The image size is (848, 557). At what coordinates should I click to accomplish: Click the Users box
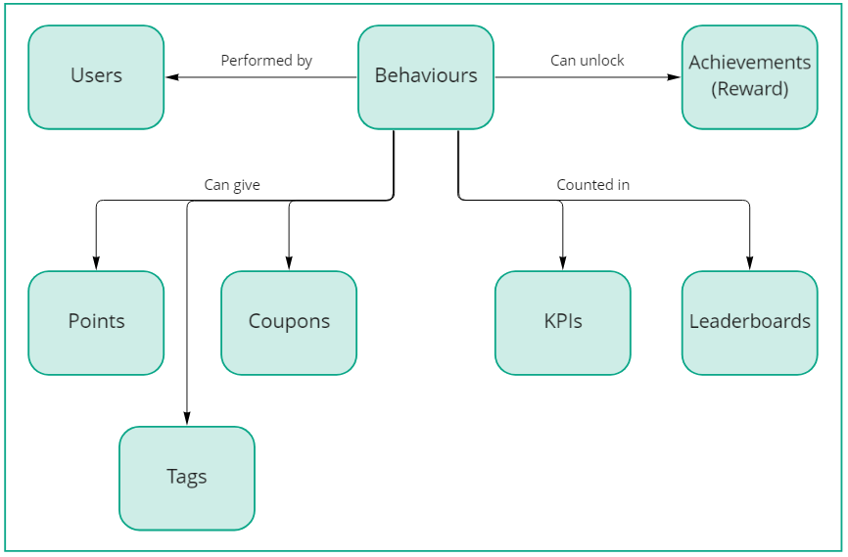click(x=96, y=76)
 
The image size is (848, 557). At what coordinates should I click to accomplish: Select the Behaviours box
click(x=426, y=76)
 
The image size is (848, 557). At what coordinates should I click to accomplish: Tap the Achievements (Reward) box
click(x=750, y=76)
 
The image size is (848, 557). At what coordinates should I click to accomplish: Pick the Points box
click(x=96, y=322)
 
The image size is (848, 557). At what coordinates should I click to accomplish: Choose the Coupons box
click(x=289, y=322)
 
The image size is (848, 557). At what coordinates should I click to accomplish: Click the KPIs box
click(x=563, y=322)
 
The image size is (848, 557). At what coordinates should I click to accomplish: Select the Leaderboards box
click(x=750, y=322)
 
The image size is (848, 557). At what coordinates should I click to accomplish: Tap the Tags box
click(x=187, y=478)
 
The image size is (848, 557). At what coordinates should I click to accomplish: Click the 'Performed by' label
click(x=266, y=61)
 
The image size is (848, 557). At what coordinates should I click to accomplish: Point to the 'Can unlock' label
click(x=588, y=61)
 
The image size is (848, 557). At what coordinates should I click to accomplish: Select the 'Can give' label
click(x=232, y=184)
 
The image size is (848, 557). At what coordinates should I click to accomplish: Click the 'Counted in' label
click(x=593, y=184)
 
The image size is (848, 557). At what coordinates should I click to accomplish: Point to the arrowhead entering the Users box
click(x=171, y=76)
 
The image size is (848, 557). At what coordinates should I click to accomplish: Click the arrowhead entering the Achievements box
click(x=675, y=76)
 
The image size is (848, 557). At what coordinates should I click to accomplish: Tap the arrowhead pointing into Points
click(x=96, y=263)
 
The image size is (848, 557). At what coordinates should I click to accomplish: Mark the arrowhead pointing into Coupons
click(x=289, y=263)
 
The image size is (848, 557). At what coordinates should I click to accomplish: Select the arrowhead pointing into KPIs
click(x=563, y=263)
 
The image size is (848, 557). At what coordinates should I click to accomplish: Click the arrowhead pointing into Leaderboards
click(x=750, y=263)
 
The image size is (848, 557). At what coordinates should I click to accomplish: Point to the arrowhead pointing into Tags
click(x=187, y=419)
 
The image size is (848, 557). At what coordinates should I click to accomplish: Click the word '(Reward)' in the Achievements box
click(x=750, y=89)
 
